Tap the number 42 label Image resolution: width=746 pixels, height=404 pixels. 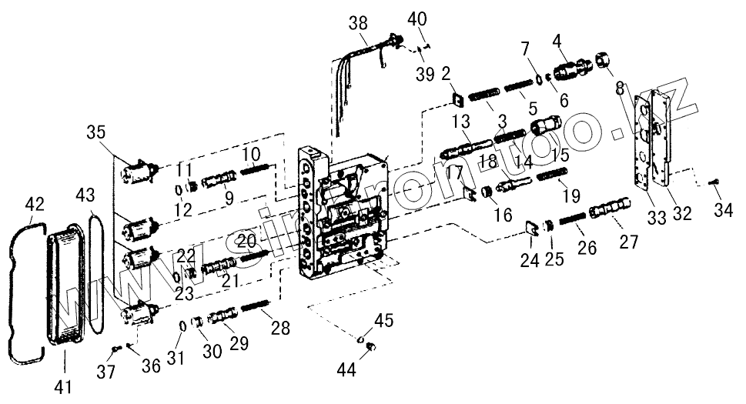click(x=35, y=204)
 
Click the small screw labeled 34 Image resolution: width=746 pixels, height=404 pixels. click(x=714, y=182)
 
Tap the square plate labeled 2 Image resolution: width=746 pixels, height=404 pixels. click(x=457, y=99)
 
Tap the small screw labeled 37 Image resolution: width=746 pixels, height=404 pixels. click(x=115, y=349)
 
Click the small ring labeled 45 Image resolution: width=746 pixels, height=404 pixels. click(x=360, y=339)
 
